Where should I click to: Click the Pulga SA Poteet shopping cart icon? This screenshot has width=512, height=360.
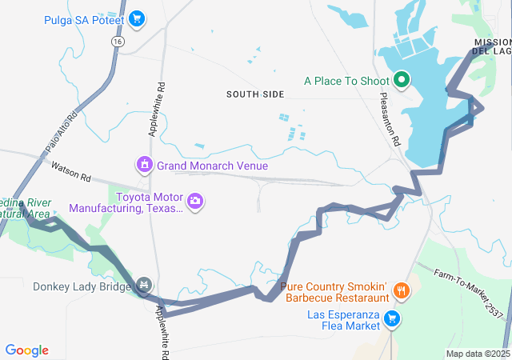pyautogui.click(x=137, y=18)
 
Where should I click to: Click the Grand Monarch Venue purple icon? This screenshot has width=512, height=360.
pyautogui.click(x=144, y=166)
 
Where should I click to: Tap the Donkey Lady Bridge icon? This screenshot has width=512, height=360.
pyautogui.click(x=144, y=285)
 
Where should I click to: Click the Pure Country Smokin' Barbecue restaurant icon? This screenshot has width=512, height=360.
pyautogui.click(x=402, y=292)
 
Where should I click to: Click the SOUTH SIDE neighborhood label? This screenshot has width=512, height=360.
pyautogui.click(x=255, y=94)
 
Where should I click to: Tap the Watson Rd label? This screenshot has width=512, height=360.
pyautogui.click(x=71, y=172)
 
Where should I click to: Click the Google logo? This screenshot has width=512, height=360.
pyautogui.click(x=26, y=350)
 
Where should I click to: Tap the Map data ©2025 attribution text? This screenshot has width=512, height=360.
pyautogui.click(x=478, y=354)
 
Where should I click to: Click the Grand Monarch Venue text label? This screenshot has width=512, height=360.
pyautogui.click(x=212, y=166)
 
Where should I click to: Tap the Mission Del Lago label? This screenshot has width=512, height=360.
pyautogui.click(x=491, y=46)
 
